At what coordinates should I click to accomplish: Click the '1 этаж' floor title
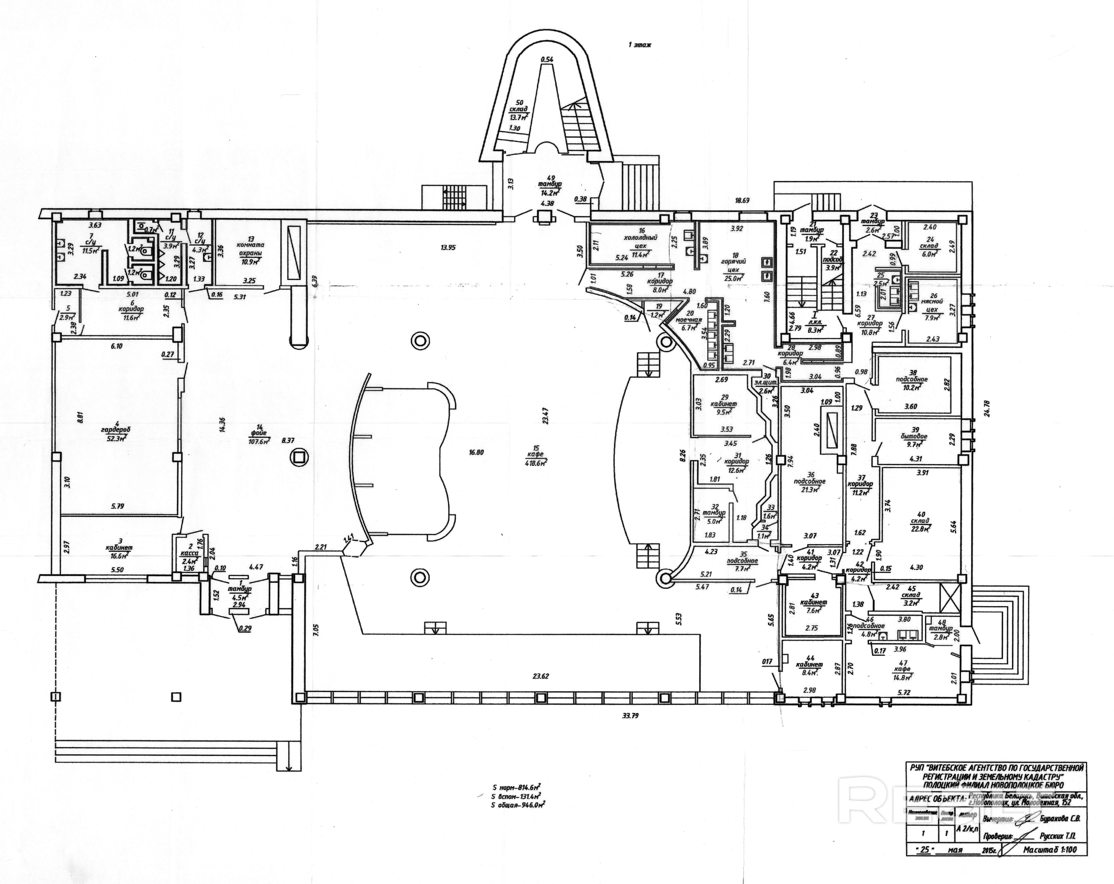(x=640, y=45)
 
